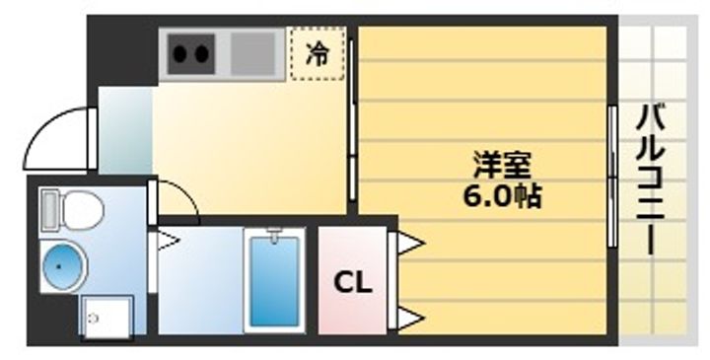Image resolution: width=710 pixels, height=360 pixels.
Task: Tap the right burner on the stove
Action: click(x=203, y=51)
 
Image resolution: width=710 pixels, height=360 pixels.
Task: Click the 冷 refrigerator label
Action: click(x=318, y=54)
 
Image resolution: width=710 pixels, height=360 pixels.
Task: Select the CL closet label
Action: click(x=352, y=284)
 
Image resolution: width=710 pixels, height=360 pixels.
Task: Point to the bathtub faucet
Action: click(x=274, y=238)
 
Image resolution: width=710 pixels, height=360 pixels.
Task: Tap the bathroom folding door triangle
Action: click(x=166, y=238)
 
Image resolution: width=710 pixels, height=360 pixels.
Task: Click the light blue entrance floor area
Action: click(x=125, y=130)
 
